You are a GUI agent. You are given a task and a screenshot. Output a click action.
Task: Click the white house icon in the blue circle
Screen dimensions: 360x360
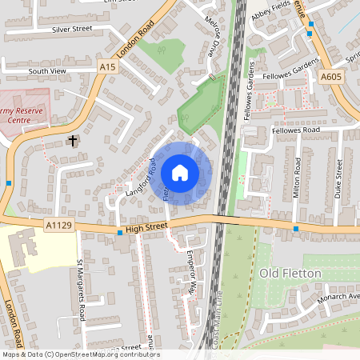(x=180, y=173)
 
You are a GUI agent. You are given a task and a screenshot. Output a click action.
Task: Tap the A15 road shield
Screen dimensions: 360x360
(x=110, y=68)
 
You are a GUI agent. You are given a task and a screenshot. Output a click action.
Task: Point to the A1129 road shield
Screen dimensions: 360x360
(x=59, y=226)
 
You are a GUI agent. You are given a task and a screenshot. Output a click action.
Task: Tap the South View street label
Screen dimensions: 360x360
(x=46, y=71)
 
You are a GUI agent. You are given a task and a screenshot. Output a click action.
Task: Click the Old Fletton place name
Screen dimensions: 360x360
(x=290, y=274)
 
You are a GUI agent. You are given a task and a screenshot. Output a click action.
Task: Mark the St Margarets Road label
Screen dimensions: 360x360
(x=81, y=288)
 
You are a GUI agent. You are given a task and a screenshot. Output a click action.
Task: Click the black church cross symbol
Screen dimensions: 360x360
(x=73, y=141)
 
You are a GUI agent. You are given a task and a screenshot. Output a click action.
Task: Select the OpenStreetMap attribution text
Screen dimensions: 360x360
(x=80, y=354)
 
